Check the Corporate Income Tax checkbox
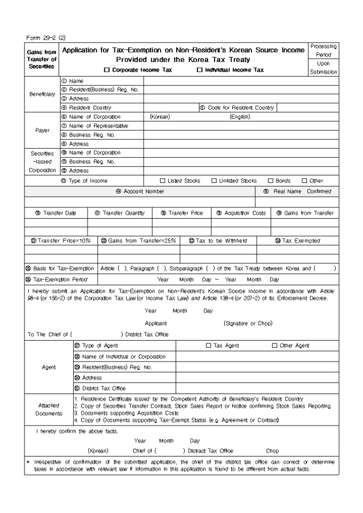(x=107, y=70)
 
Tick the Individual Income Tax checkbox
(x=199, y=70)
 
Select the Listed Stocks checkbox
(x=163, y=181)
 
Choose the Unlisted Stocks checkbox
(x=214, y=181)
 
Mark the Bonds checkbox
(x=270, y=181)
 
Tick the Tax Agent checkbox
(x=209, y=346)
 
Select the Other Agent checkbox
(x=275, y=346)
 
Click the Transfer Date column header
(x=56, y=213)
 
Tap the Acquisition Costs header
(x=241, y=213)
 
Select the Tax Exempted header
(x=296, y=241)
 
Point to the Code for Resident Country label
(x=238, y=108)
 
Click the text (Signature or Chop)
(x=248, y=323)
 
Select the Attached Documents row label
(x=47, y=410)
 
